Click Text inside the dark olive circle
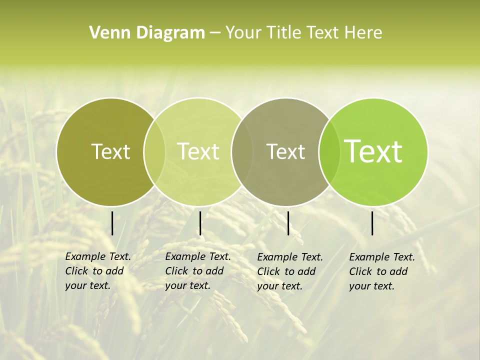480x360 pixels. pyautogui.click(x=110, y=151)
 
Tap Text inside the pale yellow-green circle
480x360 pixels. pyautogui.click(x=198, y=151)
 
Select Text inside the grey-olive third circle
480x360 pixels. pyautogui.click(x=285, y=151)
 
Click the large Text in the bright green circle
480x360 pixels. pyautogui.click(x=373, y=151)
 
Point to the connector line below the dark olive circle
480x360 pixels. pyautogui.click(x=112, y=223)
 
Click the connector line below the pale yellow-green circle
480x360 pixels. pyautogui.click(x=200, y=223)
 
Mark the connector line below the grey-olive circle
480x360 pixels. pyautogui.click(x=288, y=223)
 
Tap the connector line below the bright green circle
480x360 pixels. pyautogui.click(x=372, y=223)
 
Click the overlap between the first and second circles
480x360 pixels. pyautogui.click(x=154, y=151)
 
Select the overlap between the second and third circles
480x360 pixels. pyautogui.click(x=241, y=151)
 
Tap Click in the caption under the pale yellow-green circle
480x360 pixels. pyautogui.click(x=176, y=271)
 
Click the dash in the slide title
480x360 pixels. pyautogui.click(x=215, y=33)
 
